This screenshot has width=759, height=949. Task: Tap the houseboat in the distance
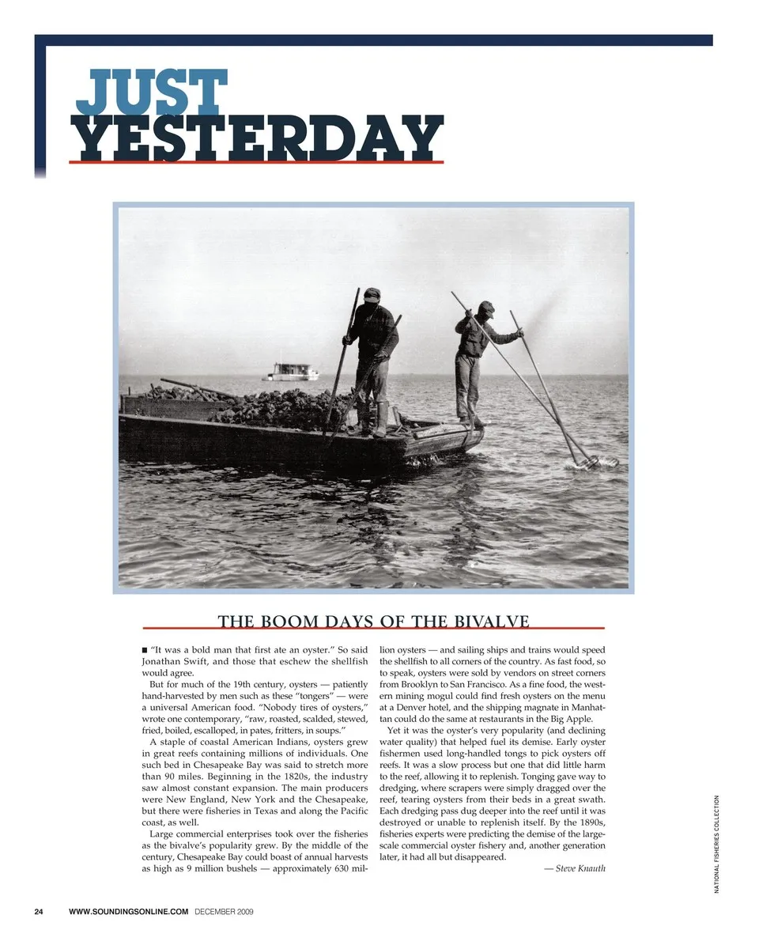[290, 372]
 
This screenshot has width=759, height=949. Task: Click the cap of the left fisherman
[372, 293]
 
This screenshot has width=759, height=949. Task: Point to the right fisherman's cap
[486, 308]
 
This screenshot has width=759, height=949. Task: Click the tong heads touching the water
[597, 461]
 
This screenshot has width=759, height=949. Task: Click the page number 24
[39, 912]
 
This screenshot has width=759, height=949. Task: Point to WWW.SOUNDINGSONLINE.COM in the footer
[129, 912]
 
